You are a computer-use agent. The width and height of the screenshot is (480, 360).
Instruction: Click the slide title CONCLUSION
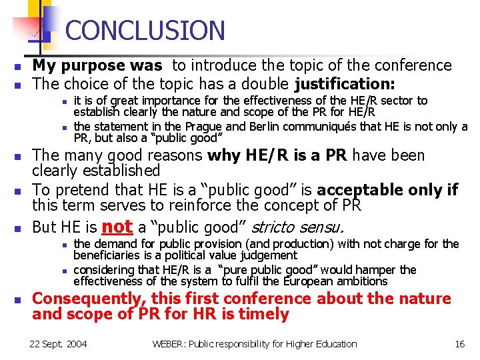(145, 31)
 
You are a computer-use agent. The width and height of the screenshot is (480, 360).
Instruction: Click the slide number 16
(459, 344)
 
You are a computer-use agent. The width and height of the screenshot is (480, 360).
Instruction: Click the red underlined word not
(117, 227)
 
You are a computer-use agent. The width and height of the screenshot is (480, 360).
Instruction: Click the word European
(329, 281)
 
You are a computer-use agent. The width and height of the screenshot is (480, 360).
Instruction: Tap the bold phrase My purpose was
(97, 65)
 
